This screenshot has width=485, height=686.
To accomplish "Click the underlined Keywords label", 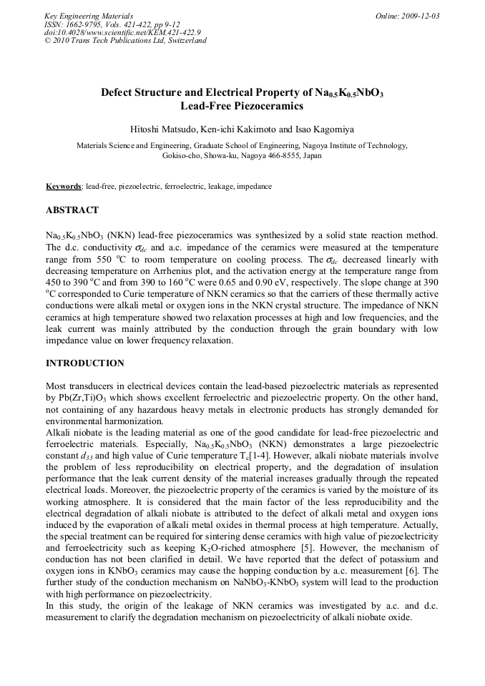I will point(63,186).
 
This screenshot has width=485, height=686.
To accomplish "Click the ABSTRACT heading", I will point(72,210).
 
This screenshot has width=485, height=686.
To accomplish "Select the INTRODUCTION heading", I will point(85,363).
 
